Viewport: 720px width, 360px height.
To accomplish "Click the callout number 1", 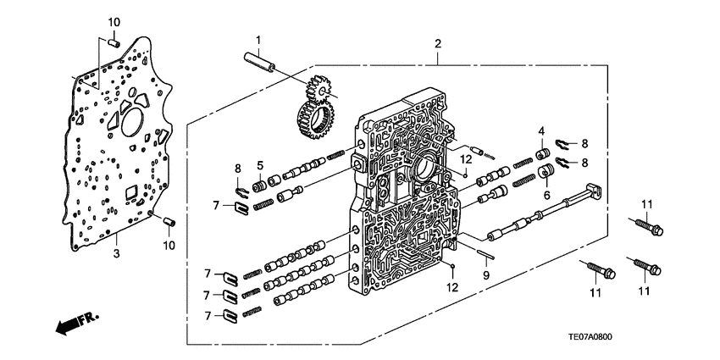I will (259, 39).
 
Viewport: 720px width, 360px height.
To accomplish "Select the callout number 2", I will (438, 44).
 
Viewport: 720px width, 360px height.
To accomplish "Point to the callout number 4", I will (540, 130).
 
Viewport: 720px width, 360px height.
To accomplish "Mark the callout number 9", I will (486, 275).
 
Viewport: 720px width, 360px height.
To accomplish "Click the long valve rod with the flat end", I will (542, 215).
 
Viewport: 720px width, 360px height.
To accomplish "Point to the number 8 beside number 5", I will (238, 169).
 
